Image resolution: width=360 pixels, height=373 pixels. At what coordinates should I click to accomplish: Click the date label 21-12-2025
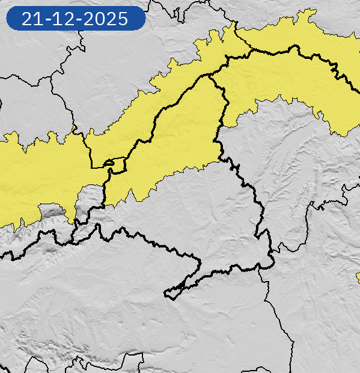pos(75,19)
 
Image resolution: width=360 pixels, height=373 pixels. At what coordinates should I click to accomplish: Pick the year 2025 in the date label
pos(105,19)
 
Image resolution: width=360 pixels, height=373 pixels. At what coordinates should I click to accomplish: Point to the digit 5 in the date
pos(121,19)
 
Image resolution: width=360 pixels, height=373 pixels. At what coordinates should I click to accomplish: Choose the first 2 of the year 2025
pos(89,19)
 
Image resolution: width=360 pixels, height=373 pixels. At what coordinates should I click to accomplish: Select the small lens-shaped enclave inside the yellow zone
pos(115,162)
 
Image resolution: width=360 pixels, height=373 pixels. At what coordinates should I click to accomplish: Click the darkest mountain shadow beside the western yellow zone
pos(53,211)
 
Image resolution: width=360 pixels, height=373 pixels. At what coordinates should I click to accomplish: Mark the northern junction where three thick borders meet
pos(210,75)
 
